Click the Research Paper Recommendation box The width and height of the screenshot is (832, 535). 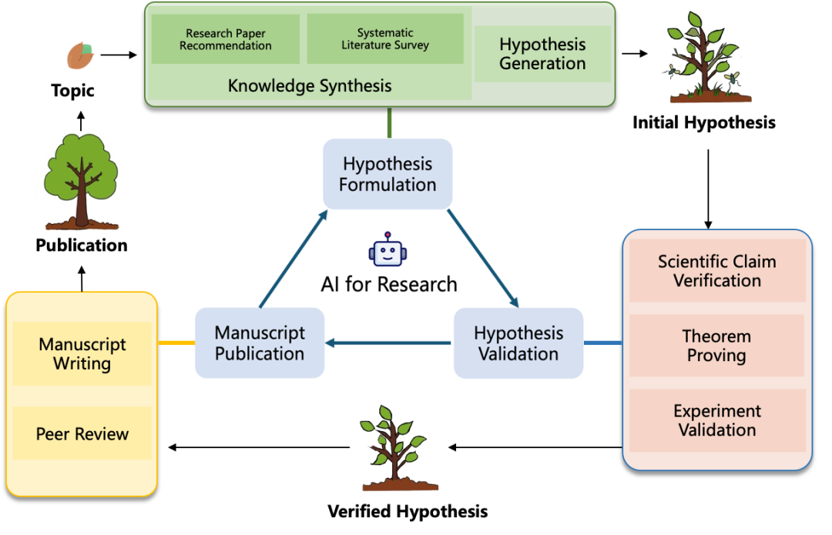point(226,39)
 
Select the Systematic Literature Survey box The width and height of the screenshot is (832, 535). point(385,39)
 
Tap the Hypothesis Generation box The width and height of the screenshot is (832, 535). point(542,54)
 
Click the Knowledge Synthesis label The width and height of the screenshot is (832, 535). point(310,86)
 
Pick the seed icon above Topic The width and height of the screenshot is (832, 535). point(80,55)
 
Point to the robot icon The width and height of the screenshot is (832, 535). point(387,249)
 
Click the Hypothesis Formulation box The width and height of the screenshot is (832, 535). point(387,174)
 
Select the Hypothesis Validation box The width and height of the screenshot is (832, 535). point(518,343)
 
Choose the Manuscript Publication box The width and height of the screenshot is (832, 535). point(260,343)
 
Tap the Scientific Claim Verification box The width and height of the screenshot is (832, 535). point(717,271)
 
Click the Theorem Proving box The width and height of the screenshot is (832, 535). point(717,346)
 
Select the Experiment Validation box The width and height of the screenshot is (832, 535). point(717,420)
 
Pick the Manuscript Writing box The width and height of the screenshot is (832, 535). point(82,353)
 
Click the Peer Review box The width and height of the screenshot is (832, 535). point(82,433)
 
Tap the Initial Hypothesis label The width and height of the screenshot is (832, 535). point(704,122)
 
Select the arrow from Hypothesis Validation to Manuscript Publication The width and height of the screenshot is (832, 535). point(388,343)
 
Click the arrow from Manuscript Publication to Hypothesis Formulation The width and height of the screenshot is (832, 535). point(294,259)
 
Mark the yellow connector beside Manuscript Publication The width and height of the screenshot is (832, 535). point(176,343)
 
